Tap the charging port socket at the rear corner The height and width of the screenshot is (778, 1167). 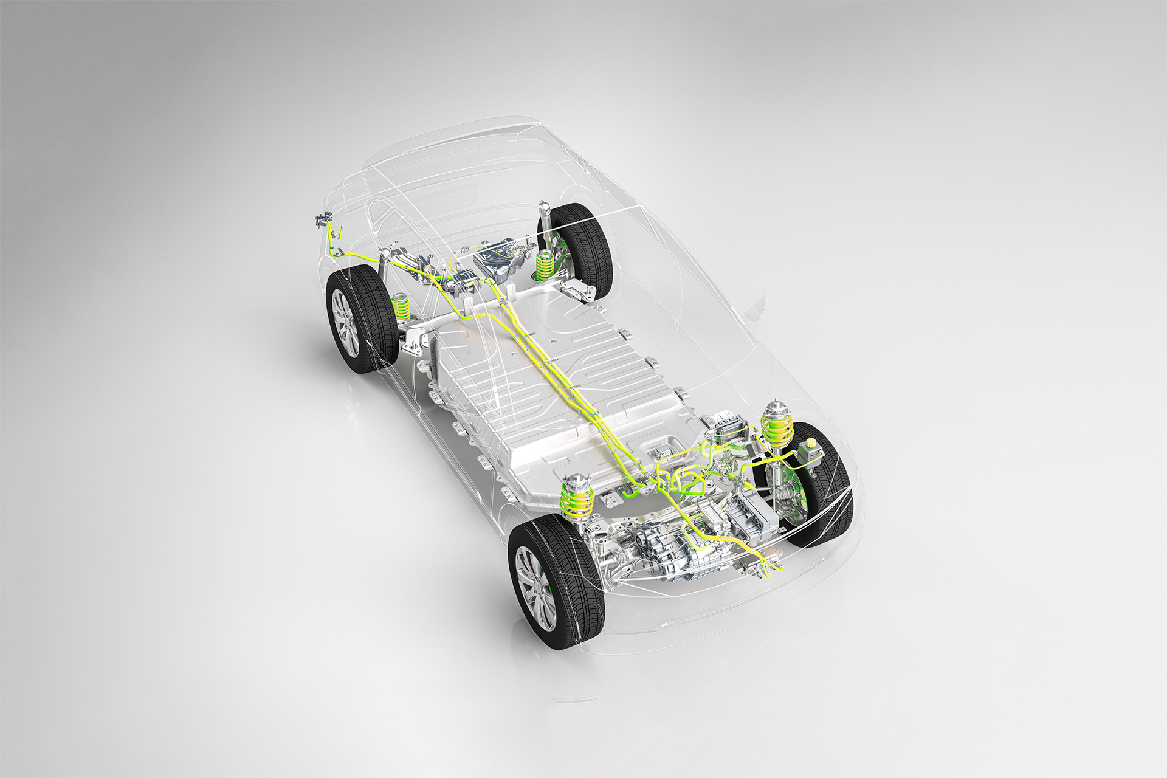[322, 221]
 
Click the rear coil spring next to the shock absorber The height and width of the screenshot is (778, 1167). [546, 265]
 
